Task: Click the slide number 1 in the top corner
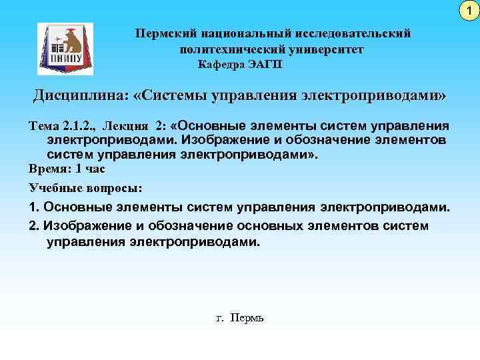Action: tap(469, 10)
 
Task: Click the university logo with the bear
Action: tap(65, 49)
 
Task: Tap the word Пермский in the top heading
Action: tap(161, 33)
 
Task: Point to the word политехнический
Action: tap(228, 49)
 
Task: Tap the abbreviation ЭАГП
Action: tap(267, 64)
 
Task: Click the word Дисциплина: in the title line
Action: tap(80, 96)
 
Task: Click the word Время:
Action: tap(49, 169)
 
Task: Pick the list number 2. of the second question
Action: tap(35, 225)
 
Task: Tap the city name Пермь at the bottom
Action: tap(247, 318)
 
